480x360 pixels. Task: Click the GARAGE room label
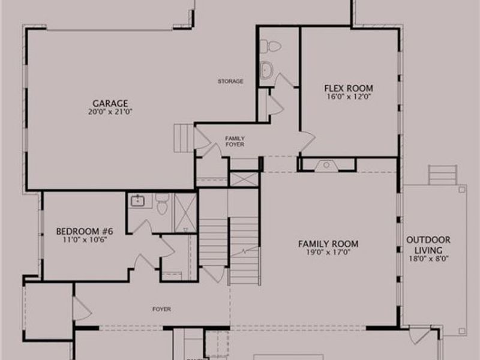pyautogui.click(x=110, y=103)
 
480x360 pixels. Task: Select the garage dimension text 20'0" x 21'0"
pyautogui.click(x=110, y=111)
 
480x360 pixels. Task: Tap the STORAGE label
pyautogui.click(x=230, y=82)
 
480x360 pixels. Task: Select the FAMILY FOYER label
pyautogui.click(x=235, y=142)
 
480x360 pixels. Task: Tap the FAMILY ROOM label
pyautogui.click(x=328, y=244)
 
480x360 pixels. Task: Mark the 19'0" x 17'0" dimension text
pyautogui.click(x=328, y=253)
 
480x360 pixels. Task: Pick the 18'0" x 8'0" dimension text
pyautogui.click(x=428, y=259)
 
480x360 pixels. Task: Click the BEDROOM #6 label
pyautogui.click(x=81, y=231)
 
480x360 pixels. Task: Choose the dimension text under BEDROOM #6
pyautogui.click(x=81, y=240)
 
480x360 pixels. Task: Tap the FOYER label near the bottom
pyautogui.click(x=161, y=310)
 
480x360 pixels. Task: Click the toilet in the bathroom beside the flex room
pyautogui.click(x=273, y=46)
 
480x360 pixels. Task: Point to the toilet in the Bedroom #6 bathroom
pyautogui.click(x=162, y=205)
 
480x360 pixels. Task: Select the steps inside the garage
pyautogui.click(x=182, y=140)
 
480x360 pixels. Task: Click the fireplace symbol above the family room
pyautogui.click(x=328, y=164)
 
